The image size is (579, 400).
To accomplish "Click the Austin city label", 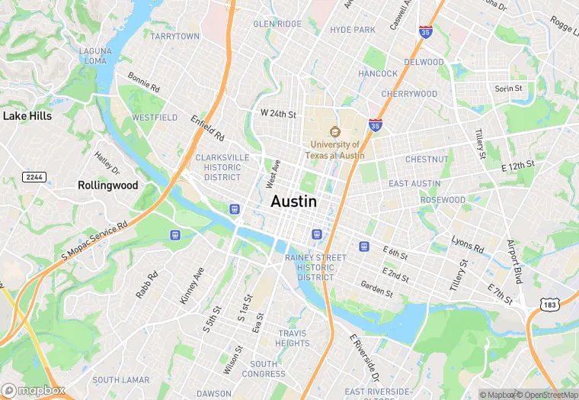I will pyautogui.click(x=293, y=201).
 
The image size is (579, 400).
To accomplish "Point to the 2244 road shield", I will pyautogui.click(x=33, y=176).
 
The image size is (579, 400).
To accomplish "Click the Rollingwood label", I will pyautogui.click(x=108, y=185).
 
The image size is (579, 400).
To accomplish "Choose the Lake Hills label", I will pyautogui.click(x=27, y=116).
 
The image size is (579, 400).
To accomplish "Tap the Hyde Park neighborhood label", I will pyautogui.click(x=353, y=30).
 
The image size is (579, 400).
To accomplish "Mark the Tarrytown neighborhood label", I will pyautogui.click(x=175, y=36).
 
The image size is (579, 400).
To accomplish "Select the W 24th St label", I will pyautogui.click(x=278, y=114).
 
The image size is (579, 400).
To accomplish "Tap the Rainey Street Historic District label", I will pyautogui.click(x=315, y=267).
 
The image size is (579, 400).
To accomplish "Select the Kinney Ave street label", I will pyautogui.click(x=192, y=286).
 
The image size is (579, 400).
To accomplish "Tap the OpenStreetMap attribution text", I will pyautogui.click(x=547, y=395).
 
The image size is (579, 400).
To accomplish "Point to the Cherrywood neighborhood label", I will pyautogui.click(x=409, y=94).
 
